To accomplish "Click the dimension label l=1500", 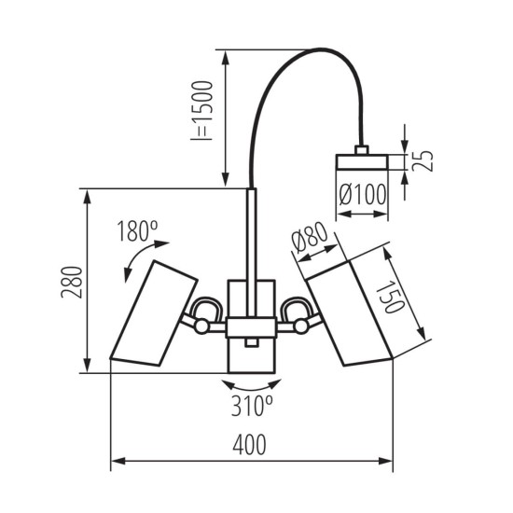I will pos(205,110).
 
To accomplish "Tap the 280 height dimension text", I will pos(74,283).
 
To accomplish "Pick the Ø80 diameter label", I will pos(309,242).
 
